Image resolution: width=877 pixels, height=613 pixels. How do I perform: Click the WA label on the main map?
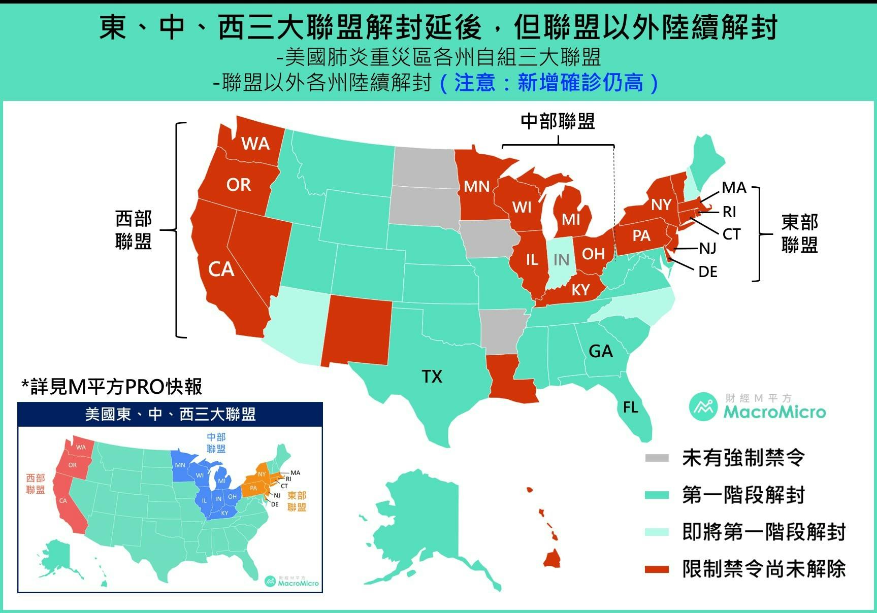(x=255, y=144)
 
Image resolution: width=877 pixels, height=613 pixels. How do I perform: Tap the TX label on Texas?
(x=432, y=377)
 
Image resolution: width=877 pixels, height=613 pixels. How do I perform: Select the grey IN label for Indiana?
(x=561, y=260)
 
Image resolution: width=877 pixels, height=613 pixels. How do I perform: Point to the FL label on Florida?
(x=630, y=407)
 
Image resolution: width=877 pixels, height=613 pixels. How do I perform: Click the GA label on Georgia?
(x=600, y=351)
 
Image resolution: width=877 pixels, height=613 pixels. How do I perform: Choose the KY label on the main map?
(x=580, y=290)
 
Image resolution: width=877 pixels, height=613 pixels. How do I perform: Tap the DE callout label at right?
(x=707, y=272)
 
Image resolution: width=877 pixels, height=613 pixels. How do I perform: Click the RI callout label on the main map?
(x=729, y=211)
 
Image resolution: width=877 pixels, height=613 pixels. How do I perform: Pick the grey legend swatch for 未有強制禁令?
(x=657, y=458)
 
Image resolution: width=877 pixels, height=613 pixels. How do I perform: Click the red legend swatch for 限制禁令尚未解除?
(x=657, y=569)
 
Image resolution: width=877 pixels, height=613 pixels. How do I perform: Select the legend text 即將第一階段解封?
(x=764, y=532)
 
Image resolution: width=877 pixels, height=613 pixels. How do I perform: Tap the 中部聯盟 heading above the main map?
(x=558, y=121)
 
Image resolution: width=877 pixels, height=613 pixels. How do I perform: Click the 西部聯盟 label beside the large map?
(x=134, y=230)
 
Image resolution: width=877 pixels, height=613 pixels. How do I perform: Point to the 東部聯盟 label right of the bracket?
(x=799, y=233)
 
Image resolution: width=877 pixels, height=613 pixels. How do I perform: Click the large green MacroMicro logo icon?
(x=704, y=406)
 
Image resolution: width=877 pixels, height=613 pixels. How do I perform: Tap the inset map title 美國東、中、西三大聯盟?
(x=170, y=415)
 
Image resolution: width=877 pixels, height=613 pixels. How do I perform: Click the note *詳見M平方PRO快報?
(x=112, y=387)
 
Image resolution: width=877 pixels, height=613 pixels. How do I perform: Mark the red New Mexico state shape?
(x=359, y=330)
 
